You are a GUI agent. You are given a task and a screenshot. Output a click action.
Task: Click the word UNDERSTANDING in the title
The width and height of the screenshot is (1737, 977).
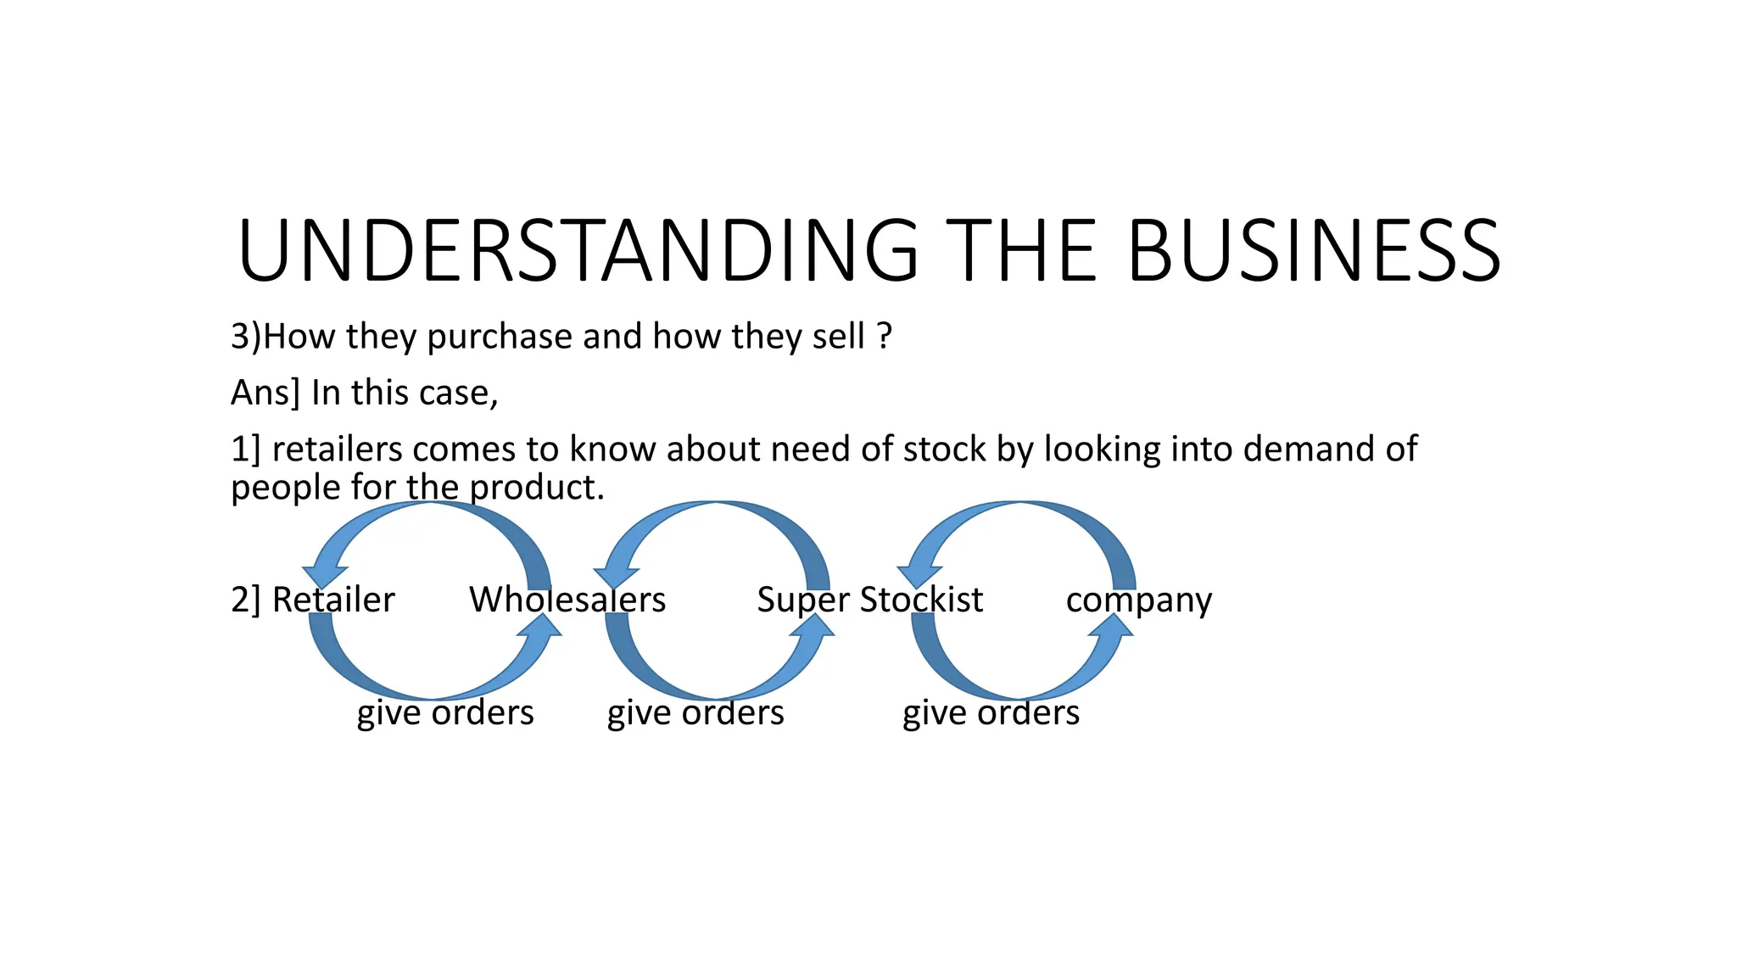[x=578, y=251]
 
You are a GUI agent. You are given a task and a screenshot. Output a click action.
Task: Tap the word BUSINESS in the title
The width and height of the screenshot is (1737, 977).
[x=1314, y=251]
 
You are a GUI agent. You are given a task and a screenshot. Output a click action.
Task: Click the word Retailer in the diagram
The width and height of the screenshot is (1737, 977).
[x=333, y=600]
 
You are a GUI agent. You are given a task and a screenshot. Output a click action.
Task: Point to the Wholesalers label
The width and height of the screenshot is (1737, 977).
[x=567, y=600]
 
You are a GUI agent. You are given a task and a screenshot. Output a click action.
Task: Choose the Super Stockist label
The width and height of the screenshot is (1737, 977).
[x=869, y=600]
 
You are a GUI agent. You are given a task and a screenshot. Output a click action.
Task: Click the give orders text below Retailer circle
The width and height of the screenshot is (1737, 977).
[x=445, y=713]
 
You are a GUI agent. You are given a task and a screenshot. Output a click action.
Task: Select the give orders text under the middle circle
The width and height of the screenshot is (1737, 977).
[x=695, y=713]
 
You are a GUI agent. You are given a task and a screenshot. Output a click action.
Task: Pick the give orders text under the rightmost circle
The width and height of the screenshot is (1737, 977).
[x=991, y=713]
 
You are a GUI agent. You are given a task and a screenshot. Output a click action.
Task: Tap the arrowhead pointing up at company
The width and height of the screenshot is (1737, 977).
[x=1111, y=626]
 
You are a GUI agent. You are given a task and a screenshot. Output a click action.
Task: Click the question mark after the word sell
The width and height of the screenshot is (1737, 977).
[x=885, y=337]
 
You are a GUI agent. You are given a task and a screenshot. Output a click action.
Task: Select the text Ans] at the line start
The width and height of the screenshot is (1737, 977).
[x=265, y=394]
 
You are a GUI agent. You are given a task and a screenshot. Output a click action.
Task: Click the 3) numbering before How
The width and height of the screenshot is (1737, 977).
[x=245, y=338]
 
